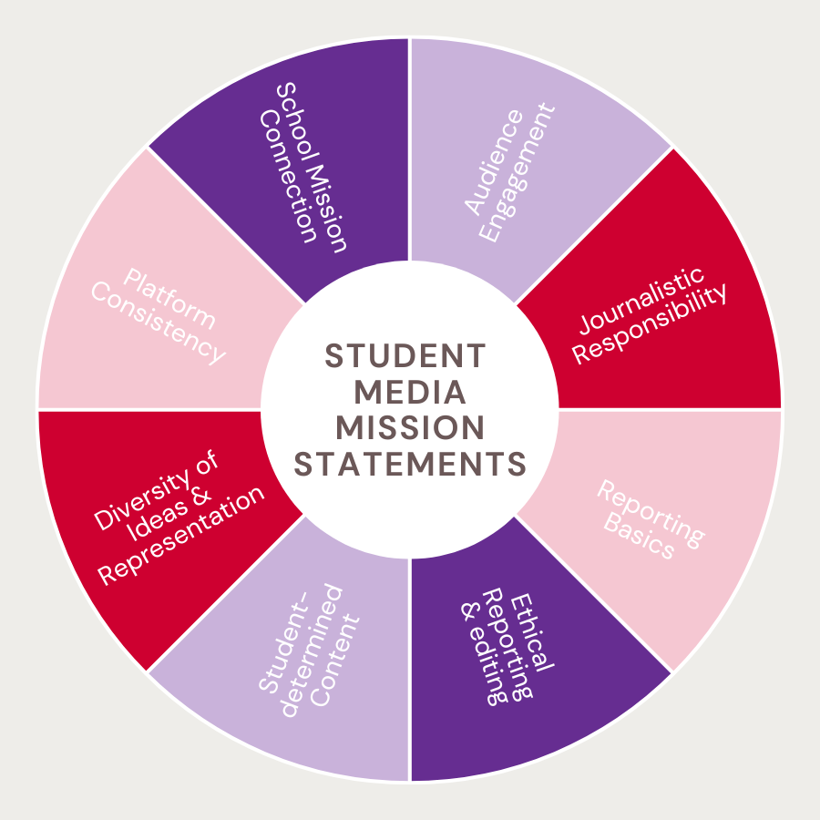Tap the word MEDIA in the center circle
click(x=410, y=392)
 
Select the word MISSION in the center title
click(x=410, y=427)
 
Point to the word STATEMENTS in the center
click(x=410, y=463)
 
